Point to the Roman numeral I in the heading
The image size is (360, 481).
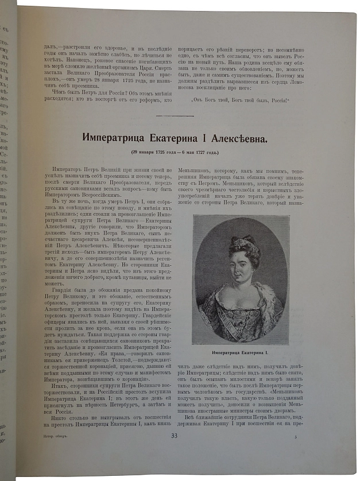point(224,138)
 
